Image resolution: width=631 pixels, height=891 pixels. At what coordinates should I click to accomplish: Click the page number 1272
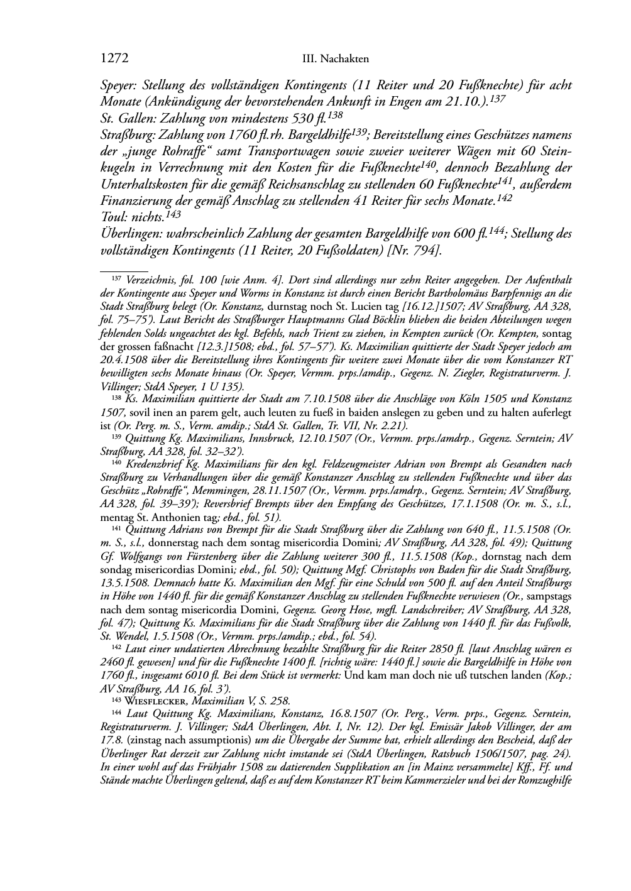point(114,58)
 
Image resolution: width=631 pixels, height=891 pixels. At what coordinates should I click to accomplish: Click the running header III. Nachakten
point(335,59)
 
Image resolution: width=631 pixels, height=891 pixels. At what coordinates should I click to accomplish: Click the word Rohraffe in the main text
point(197,151)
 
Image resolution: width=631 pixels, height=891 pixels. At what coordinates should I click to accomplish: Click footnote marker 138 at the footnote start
point(116,397)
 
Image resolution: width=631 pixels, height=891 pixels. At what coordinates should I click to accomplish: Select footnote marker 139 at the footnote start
point(116,437)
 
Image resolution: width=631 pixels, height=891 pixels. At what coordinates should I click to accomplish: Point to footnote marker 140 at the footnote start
point(116,464)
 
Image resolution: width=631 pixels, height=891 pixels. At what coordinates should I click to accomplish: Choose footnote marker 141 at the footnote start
point(116,528)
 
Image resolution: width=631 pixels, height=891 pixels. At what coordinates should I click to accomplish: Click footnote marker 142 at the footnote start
point(116,647)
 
